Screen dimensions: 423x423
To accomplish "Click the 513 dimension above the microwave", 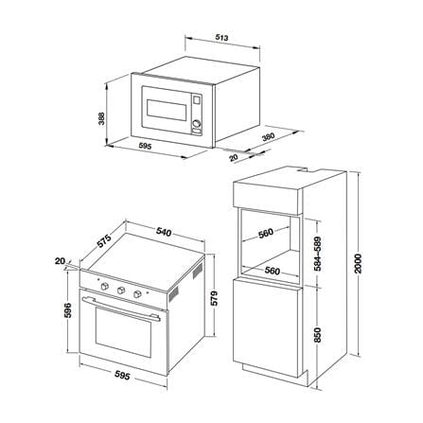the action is click(221, 38).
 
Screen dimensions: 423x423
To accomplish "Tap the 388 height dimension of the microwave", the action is click(101, 118).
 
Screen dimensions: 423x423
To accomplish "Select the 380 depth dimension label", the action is click(269, 137).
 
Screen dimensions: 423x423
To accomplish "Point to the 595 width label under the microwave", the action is click(145, 146).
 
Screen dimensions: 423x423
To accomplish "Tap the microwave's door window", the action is click(167, 110).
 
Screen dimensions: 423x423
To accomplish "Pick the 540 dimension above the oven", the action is click(164, 233).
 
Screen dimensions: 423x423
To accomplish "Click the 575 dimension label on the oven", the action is click(104, 241).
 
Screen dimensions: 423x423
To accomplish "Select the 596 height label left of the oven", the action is click(68, 310).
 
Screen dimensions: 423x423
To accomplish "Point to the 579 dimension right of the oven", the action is click(214, 298).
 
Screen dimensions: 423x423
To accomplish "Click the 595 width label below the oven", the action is click(122, 376).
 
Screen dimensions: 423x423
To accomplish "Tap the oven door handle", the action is click(123, 309).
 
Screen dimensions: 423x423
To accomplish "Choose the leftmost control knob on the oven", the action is click(104, 286).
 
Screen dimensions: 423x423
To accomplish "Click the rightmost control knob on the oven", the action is click(137, 294).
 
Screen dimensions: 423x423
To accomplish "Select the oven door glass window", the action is click(123, 331).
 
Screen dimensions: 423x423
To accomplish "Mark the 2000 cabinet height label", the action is click(357, 263).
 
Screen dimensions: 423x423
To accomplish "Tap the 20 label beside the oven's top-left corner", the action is click(60, 261).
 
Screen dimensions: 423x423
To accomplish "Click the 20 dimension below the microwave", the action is click(234, 157).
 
